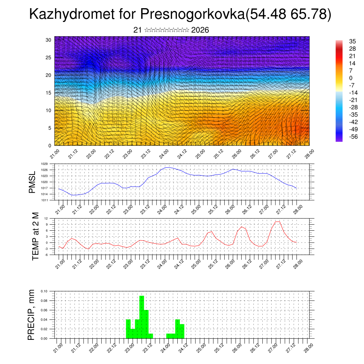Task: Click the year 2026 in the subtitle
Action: tap(200, 30)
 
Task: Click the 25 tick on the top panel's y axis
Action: tap(48, 58)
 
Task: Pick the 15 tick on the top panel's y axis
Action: tap(48, 93)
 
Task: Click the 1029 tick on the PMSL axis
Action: tap(44, 164)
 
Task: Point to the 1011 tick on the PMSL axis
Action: tap(44, 200)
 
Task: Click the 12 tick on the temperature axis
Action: tap(46, 218)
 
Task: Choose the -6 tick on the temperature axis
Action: tap(46, 255)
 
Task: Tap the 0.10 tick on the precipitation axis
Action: tap(44, 291)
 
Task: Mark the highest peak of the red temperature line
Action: tap(278, 222)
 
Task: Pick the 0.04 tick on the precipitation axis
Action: tap(44, 320)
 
